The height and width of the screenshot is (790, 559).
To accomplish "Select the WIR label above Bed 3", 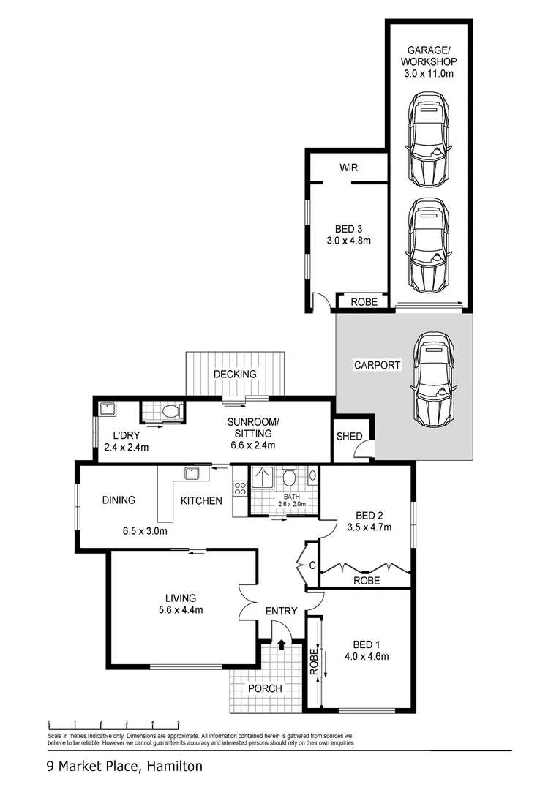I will (348, 168).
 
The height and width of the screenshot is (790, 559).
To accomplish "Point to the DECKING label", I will (235, 374).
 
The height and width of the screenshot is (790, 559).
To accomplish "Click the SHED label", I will (349, 437).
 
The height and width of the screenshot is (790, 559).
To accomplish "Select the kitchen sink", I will (193, 473).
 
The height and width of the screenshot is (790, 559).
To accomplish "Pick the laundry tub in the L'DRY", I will (107, 409).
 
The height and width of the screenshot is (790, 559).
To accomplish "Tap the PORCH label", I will (263, 688).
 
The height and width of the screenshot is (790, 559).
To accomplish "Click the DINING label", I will (119, 500).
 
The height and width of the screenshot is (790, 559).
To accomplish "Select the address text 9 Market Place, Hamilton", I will (121, 767).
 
